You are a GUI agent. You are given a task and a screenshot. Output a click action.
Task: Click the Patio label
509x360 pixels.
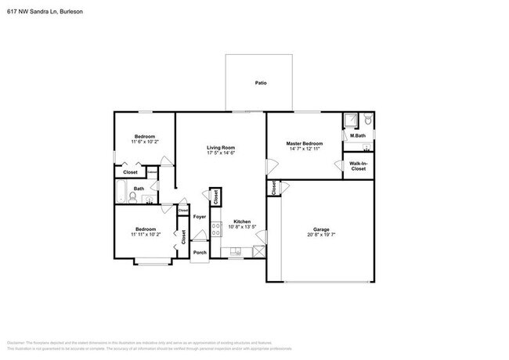pyautogui.click(x=260, y=82)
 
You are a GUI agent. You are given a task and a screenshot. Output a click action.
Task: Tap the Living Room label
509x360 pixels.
pyautogui.click(x=221, y=147)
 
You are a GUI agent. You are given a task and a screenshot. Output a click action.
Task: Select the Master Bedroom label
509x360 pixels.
pyautogui.click(x=304, y=143)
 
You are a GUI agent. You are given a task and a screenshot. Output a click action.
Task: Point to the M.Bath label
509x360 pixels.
pyautogui.click(x=358, y=136)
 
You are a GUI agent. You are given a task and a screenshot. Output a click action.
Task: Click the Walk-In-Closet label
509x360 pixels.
pyautogui.click(x=358, y=166)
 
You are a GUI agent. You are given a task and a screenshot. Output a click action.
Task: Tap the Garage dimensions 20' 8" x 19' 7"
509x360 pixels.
pyautogui.click(x=322, y=235)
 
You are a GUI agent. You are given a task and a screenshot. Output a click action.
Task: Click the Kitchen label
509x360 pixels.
pyautogui.click(x=242, y=221)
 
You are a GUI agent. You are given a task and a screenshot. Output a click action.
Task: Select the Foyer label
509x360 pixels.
pyautogui.click(x=200, y=215)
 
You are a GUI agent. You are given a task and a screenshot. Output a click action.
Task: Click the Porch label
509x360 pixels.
pyautogui.click(x=200, y=253)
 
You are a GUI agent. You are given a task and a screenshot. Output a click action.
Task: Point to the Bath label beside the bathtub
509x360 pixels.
pyautogui.click(x=138, y=189)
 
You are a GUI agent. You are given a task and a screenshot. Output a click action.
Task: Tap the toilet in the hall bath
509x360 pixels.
pyautogui.click(x=133, y=200)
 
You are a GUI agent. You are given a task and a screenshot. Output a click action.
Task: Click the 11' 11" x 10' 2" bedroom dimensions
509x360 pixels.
pyautogui.click(x=145, y=234)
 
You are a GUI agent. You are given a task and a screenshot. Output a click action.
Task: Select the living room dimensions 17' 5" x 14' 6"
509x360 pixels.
pyautogui.click(x=221, y=153)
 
